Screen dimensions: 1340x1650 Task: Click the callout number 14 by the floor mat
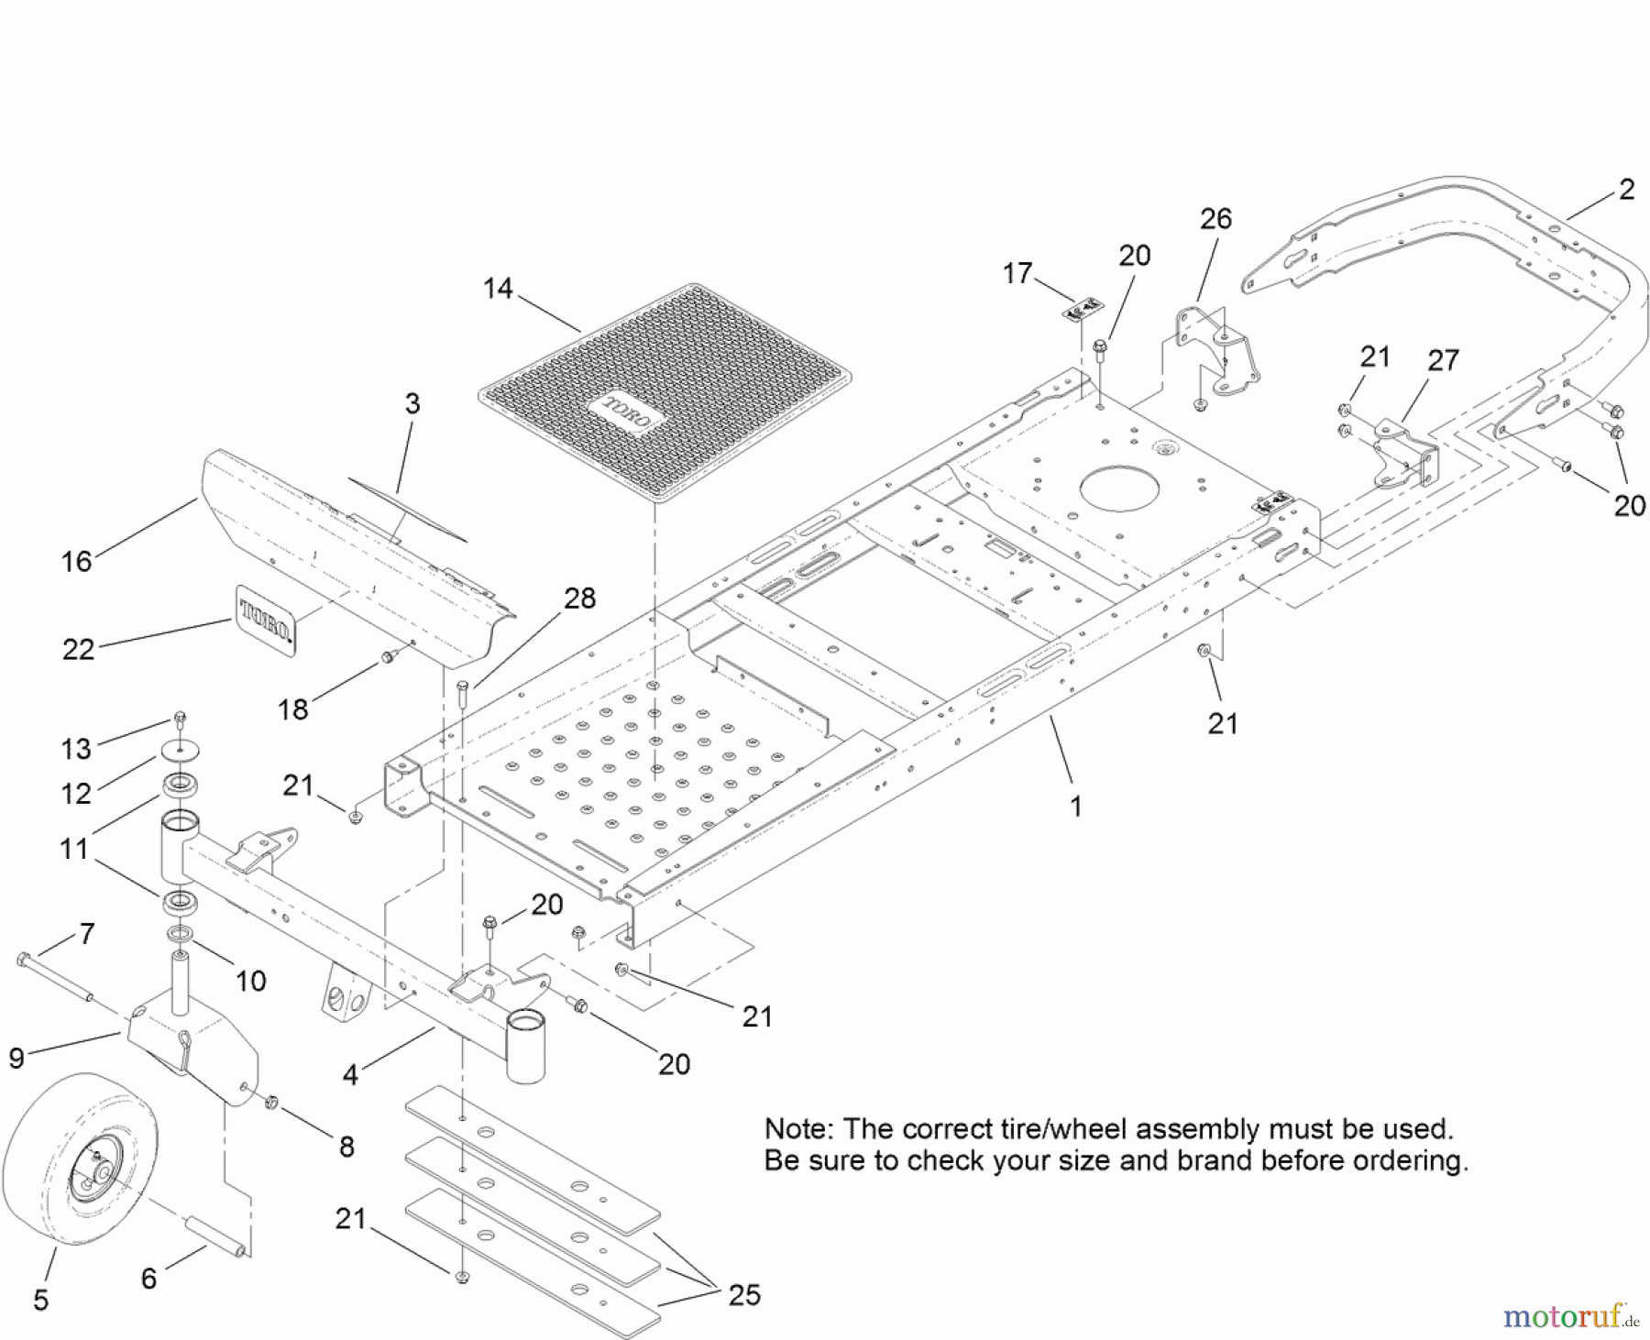[498, 289]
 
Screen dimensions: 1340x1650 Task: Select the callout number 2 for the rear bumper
[1626, 190]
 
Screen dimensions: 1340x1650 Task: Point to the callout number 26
[1215, 219]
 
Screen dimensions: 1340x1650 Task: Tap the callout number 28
[579, 599]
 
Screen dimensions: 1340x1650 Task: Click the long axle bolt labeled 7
[55, 977]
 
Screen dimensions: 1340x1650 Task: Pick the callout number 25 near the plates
[743, 1295]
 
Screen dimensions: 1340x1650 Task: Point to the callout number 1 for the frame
[1075, 807]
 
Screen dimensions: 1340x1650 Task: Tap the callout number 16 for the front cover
[76, 561]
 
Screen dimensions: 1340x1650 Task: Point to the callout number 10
[250, 981]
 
